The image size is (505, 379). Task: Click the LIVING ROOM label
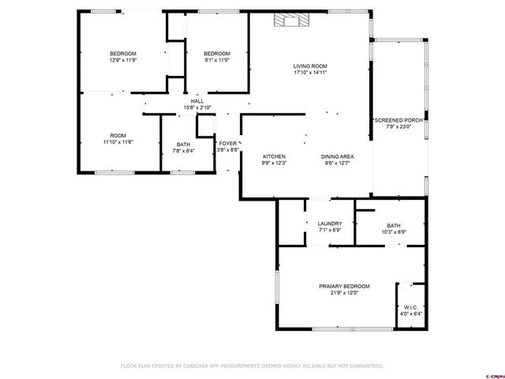(x=310, y=66)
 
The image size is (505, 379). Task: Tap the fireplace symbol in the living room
(x=288, y=22)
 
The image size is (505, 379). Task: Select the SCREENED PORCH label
(x=399, y=120)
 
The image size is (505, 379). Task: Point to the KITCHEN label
(x=274, y=156)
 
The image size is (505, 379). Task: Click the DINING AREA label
(x=337, y=156)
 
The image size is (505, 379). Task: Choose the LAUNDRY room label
(x=329, y=224)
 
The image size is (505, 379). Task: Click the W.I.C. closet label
(x=411, y=307)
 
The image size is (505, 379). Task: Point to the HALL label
(x=197, y=101)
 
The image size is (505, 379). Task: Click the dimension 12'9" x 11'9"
(x=123, y=60)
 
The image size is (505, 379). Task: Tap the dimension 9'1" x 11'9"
(x=216, y=60)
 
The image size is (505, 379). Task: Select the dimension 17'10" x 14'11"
(x=310, y=73)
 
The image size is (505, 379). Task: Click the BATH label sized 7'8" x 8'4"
(x=183, y=144)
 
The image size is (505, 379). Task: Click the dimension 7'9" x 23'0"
(x=399, y=126)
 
